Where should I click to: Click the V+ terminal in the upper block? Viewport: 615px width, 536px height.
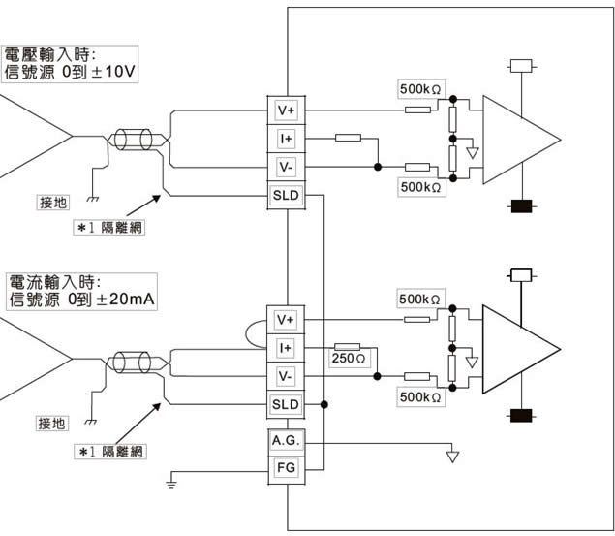coord(285,110)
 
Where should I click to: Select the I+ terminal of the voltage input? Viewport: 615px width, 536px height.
coord(285,139)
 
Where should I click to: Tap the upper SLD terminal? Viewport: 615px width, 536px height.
coord(285,196)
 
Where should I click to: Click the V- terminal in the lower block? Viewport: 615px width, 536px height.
coord(285,376)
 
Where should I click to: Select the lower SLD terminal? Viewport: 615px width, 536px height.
coord(285,404)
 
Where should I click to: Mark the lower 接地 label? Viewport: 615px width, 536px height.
coord(52,423)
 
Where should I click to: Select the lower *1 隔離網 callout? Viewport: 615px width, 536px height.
coord(112,451)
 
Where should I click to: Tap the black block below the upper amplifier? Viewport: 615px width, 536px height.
coord(524,205)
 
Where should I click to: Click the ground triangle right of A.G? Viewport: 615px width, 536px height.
coord(451,455)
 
